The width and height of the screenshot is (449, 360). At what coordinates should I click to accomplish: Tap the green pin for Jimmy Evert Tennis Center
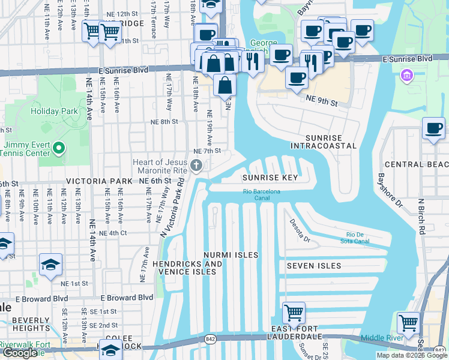tap(58, 148)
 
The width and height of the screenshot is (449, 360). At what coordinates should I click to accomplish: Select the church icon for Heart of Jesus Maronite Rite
tap(196, 166)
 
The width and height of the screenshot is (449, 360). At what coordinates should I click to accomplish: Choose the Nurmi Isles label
tap(231, 255)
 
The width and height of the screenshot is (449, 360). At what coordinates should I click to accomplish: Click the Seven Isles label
tap(313, 266)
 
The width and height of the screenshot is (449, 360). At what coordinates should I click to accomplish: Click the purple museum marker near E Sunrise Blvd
tap(406, 76)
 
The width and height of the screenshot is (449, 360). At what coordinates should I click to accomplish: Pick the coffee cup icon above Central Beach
tap(433, 128)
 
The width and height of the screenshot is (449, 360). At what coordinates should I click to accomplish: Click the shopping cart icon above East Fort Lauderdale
tap(294, 313)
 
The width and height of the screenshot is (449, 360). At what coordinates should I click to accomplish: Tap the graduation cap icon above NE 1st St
tap(50, 265)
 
